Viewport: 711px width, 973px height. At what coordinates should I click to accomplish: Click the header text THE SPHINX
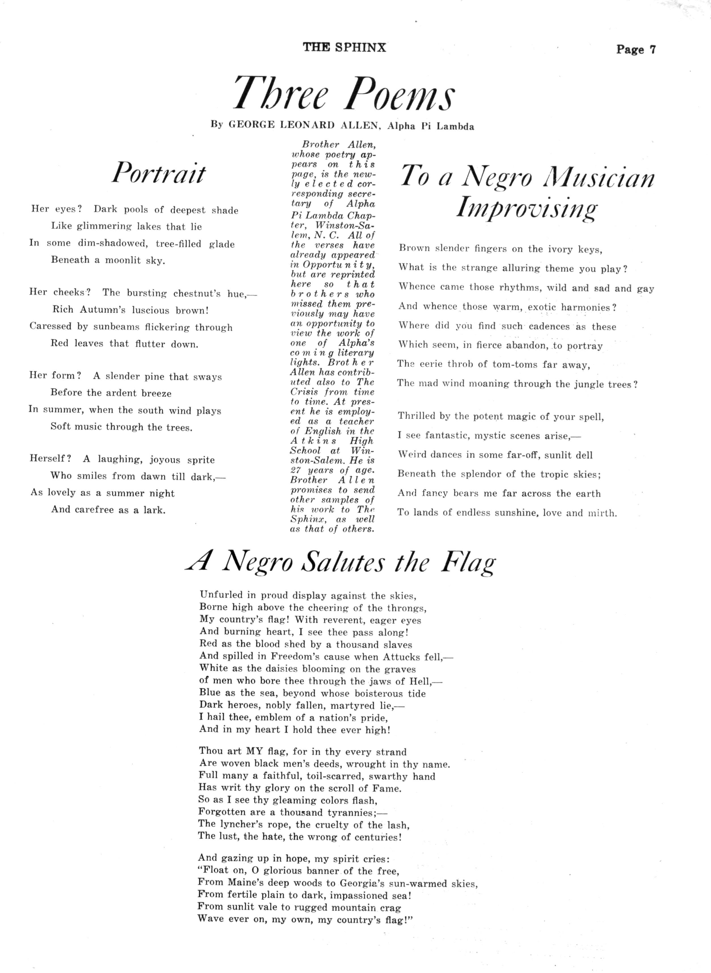(344, 47)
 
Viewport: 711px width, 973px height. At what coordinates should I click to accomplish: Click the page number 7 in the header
(652, 50)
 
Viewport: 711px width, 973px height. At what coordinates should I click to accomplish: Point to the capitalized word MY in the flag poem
(254, 751)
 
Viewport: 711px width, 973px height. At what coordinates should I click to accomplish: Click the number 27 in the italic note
(296, 470)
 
